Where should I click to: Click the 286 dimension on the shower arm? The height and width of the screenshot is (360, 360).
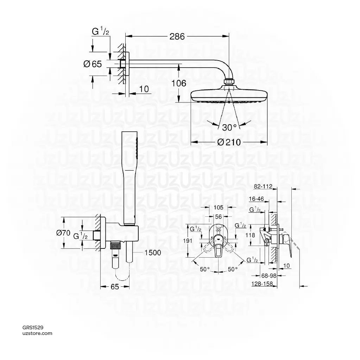[x=177, y=36]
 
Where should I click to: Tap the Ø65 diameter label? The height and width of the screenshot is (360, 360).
[x=93, y=64]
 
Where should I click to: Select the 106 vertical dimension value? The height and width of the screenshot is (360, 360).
[x=179, y=83]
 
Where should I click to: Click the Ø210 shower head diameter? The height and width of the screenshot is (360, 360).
[x=229, y=142]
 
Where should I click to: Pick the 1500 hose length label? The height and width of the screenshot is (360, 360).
[x=152, y=252]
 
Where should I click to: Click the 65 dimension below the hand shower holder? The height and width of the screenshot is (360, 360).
[x=115, y=286]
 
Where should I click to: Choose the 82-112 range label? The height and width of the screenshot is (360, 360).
[x=263, y=187]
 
